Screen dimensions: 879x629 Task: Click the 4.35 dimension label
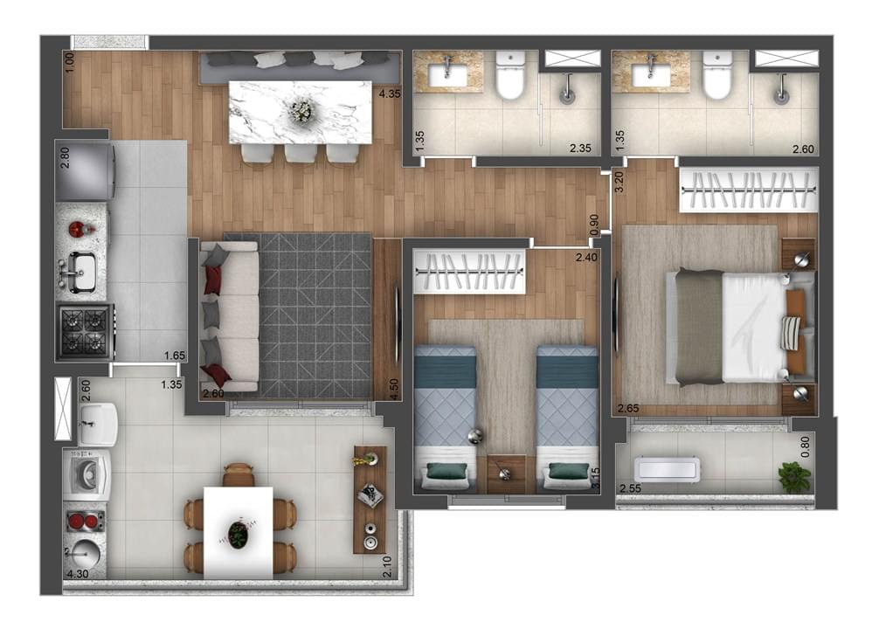[390, 94]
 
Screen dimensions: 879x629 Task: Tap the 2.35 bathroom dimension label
[580, 149]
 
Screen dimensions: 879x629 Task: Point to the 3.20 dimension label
[619, 182]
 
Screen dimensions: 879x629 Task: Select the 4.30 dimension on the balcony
[78, 573]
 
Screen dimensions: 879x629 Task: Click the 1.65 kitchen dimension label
[175, 355]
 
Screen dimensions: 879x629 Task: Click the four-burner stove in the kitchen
[85, 332]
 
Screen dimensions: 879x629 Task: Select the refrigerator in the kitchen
[85, 171]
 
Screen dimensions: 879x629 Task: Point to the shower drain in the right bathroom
[781, 95]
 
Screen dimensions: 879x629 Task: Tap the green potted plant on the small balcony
[795, 477]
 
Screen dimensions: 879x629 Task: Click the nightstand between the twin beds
[506, 474]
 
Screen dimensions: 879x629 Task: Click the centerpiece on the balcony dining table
[239, 533]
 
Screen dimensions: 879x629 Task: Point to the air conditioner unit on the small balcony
[667, 469]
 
